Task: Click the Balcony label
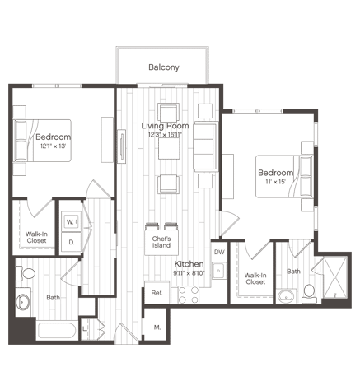coord(164,67)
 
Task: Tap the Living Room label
coord(165,126)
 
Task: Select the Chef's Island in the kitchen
coord(161,243)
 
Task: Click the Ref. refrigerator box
coord(157,293)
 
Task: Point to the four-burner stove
coord(189,295)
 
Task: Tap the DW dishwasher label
coord(219,252)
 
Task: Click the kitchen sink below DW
coord(219,271)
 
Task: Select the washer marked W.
coord(72,221)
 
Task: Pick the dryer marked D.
coord(72,242)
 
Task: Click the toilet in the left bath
coord(26,273)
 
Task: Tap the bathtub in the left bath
coord(57,331)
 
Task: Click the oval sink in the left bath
coord(22,302)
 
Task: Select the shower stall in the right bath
coord(335,277)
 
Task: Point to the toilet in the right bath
coord(309,294)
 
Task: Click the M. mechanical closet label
coord(157,327)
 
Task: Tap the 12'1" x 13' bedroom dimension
coord(54,146)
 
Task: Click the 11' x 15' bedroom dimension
coord(276,182)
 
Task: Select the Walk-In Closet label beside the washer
coord(36,237)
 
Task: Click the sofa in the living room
coord(205,146)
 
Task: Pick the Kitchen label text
coord(189,264)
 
